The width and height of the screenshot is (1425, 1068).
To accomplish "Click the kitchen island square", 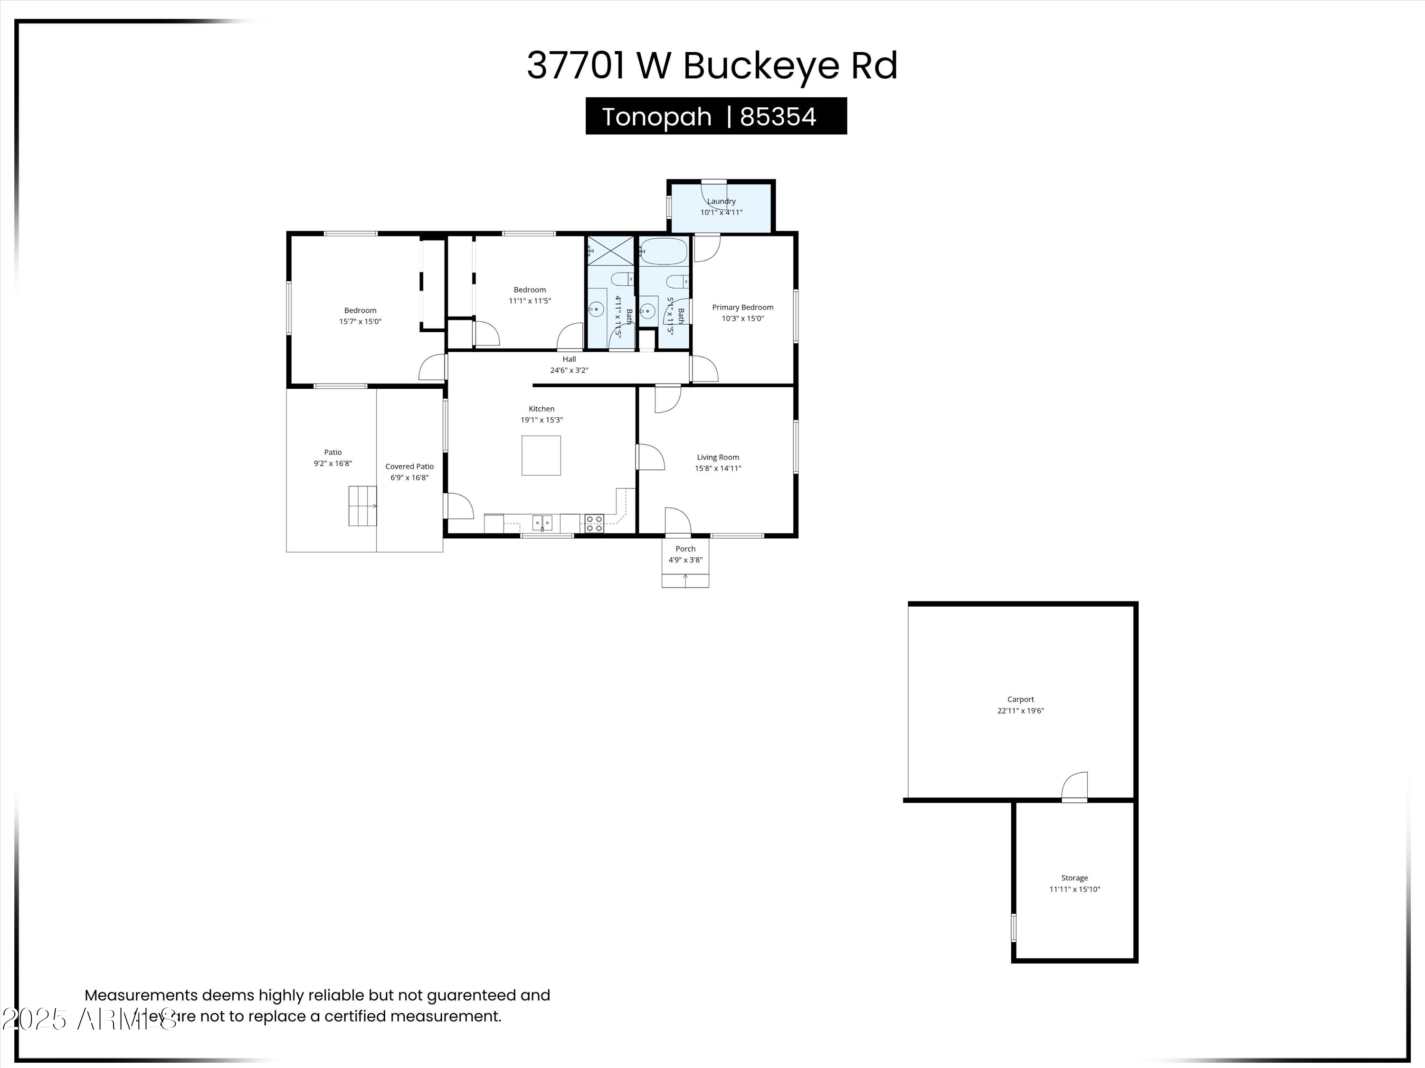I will (541, 455).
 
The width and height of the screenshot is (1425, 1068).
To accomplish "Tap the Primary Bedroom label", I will (742, 307).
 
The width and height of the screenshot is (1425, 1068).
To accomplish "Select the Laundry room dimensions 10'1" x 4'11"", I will (721, 213).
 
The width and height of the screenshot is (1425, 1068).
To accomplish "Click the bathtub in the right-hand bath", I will (664, 251).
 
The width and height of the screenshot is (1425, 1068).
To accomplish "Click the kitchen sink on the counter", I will (542, 522).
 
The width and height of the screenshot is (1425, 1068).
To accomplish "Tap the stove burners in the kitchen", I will (594, 523).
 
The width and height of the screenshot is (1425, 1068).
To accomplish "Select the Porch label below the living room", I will (685, 549).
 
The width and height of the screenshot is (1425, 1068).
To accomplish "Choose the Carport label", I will (1020, 699).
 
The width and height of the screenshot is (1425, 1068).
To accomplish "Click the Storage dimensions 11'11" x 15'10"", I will (1074, 889).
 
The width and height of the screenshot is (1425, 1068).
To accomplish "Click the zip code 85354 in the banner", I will (778, 116).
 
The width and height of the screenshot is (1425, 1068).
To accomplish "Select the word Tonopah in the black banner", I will (656, 116).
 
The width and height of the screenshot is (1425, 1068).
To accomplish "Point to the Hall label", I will (569, 359).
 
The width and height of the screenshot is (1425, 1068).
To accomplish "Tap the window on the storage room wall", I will (1013, 927).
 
